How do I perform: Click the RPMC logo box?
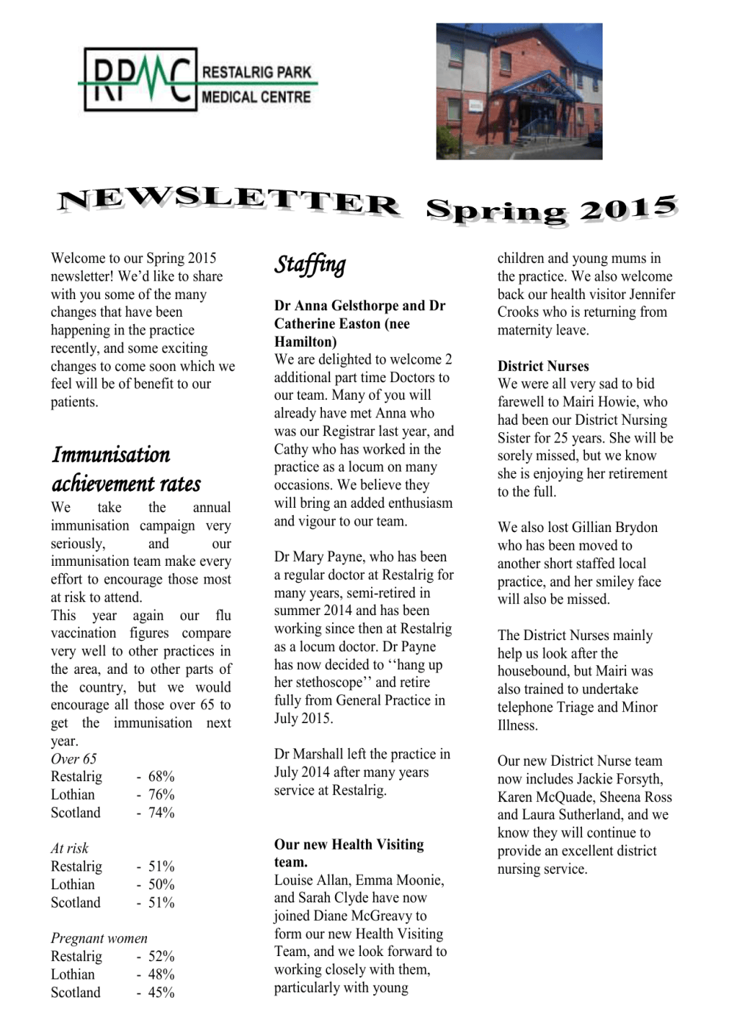coord(139,79)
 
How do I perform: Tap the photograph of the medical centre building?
coord(519,91)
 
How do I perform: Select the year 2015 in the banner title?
coord(628,209)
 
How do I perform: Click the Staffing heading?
coord(309,265)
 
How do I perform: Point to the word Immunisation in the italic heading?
coord(111,455)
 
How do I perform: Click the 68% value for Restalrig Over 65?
coord(161,777)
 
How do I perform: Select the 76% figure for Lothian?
coord(161,795)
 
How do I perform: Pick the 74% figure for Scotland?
coord(161,813)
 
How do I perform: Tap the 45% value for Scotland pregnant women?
coord(161,993)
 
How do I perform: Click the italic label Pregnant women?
coord(98,938)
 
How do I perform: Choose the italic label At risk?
coord(69,849)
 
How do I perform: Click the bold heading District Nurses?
coord(543,366)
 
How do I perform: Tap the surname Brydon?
coord(634,528)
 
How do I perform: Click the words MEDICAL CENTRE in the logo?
coord(256,97)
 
